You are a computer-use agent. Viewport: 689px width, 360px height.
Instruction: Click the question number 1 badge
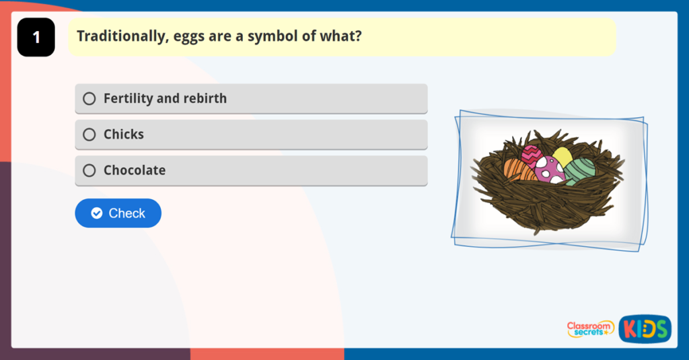[x=36, y=38]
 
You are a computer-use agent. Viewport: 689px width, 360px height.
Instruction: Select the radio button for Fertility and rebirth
[x=89, y=99]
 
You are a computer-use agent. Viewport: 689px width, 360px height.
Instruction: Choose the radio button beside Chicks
[x=89, y=135]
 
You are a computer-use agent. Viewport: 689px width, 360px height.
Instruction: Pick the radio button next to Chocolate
[x=89, y=171]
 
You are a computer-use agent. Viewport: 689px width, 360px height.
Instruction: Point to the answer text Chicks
[x=124, y=135]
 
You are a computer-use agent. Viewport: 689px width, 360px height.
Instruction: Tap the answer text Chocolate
[x=135, y=171]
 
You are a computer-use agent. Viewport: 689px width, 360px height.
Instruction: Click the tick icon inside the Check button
[x=97, y=213]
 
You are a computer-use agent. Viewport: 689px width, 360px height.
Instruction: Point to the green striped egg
[x=580, y=171]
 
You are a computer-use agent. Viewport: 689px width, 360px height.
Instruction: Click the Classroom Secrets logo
[x=589, y=329]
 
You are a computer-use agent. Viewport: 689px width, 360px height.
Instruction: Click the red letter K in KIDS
[x=629, y=329]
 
